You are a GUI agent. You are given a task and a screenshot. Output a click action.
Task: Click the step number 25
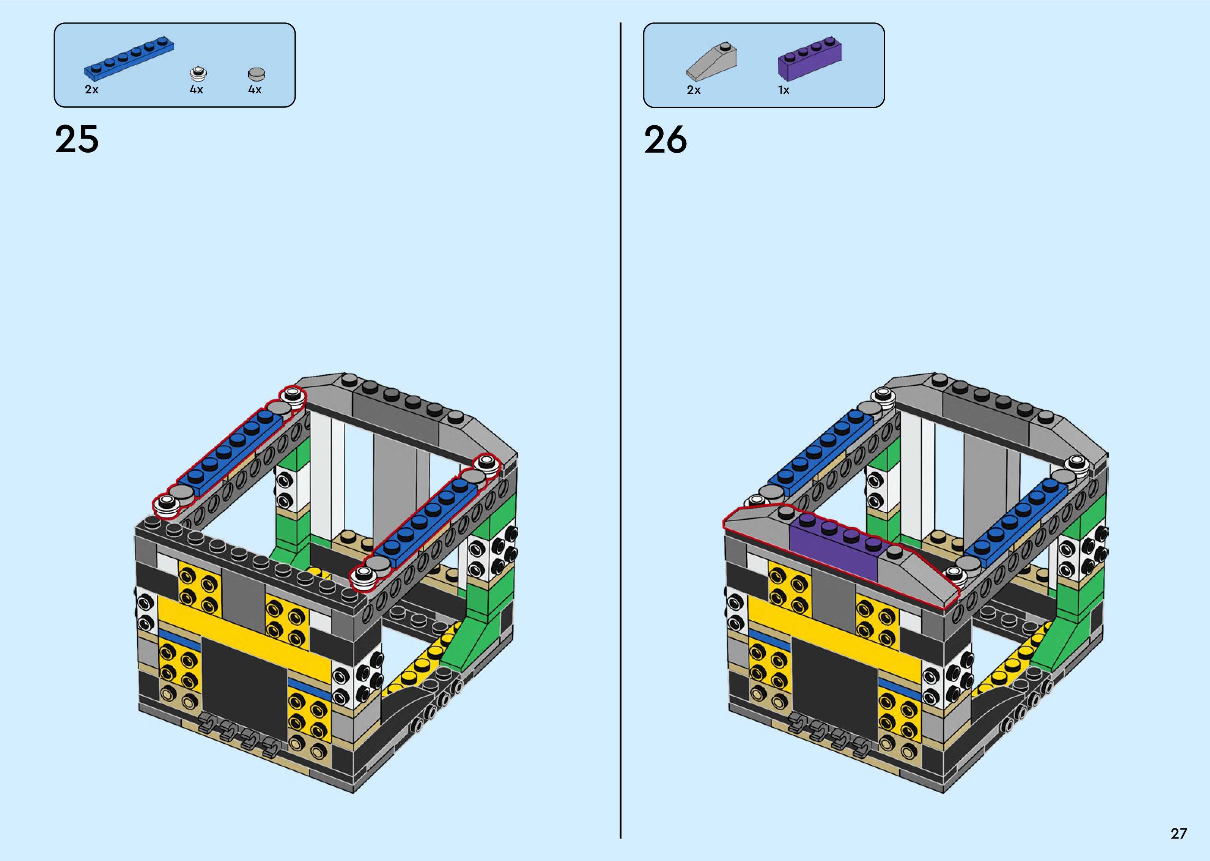click(x=77, y=139)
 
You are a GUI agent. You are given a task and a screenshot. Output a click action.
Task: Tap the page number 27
click(x=1179, y=833)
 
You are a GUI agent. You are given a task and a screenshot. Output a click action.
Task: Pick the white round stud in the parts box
click(x=198, y=73)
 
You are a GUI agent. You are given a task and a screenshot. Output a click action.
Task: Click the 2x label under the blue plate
click(x=92, y=90)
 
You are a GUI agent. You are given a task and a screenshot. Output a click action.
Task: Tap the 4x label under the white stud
click(x=196, y=90)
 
